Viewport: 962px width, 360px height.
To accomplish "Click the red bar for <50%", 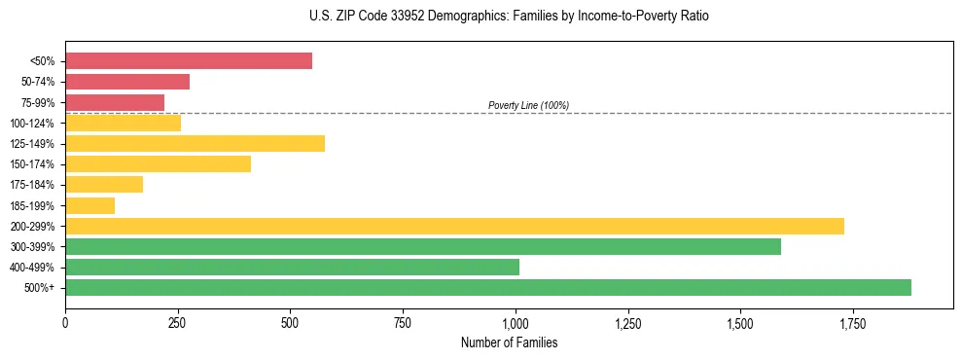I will (x=189, y=61).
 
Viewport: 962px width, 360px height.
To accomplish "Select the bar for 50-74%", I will (x=127, y=82).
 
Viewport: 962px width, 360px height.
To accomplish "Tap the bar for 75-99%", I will (x=115, y=102).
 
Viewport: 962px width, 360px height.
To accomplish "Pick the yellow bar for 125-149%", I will (x=195, y=144).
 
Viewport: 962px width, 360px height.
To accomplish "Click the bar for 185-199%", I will (x=89, y=205).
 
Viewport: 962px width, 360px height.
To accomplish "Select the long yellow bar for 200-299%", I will (x=454, y=226).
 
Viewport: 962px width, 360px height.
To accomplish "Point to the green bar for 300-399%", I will (x=423, y=246).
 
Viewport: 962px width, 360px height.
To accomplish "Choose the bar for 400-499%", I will (x=292, y=267).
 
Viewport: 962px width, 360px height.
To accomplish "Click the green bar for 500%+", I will (x=488, y=287).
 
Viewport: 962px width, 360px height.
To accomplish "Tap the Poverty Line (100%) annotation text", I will (x=528, y=105).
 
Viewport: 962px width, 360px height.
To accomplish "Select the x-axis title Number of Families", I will (x=509, y=342).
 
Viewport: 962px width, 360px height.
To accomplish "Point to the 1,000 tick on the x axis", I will (x=516, y=322).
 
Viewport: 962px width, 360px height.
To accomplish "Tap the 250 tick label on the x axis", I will (x=177, y=322).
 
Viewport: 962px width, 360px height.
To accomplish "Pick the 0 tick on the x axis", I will (x=65, y=322).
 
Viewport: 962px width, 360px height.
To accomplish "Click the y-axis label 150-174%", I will (x=32, y=164).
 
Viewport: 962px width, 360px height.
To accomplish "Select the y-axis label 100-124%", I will (x=32, y=124).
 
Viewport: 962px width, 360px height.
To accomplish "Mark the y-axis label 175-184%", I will (x=32, y=185).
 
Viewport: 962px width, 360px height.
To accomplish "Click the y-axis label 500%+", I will (x=39, y=288).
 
